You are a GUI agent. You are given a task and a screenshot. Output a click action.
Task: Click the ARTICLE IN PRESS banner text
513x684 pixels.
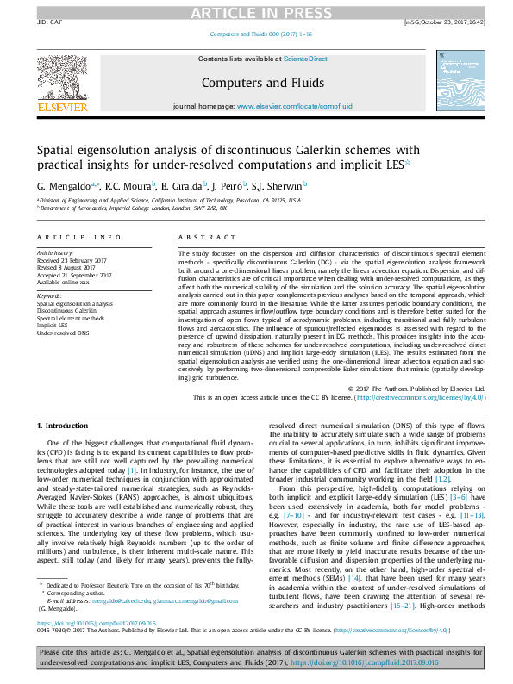point(256,11)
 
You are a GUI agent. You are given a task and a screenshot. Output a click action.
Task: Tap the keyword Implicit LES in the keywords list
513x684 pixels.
point(52,325)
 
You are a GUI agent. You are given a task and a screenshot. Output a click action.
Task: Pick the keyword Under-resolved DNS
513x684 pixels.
point(62,332)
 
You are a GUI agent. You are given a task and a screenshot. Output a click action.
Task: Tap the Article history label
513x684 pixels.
point(55,253)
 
